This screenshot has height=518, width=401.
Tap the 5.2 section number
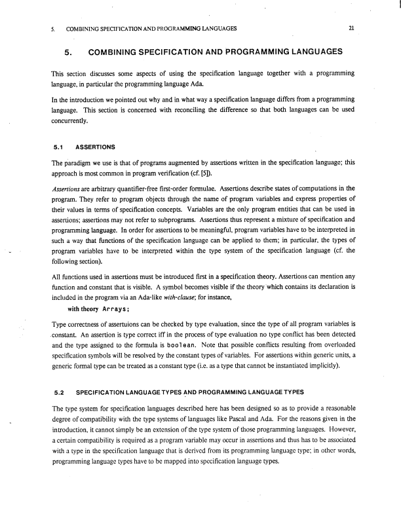pos(58,392)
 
